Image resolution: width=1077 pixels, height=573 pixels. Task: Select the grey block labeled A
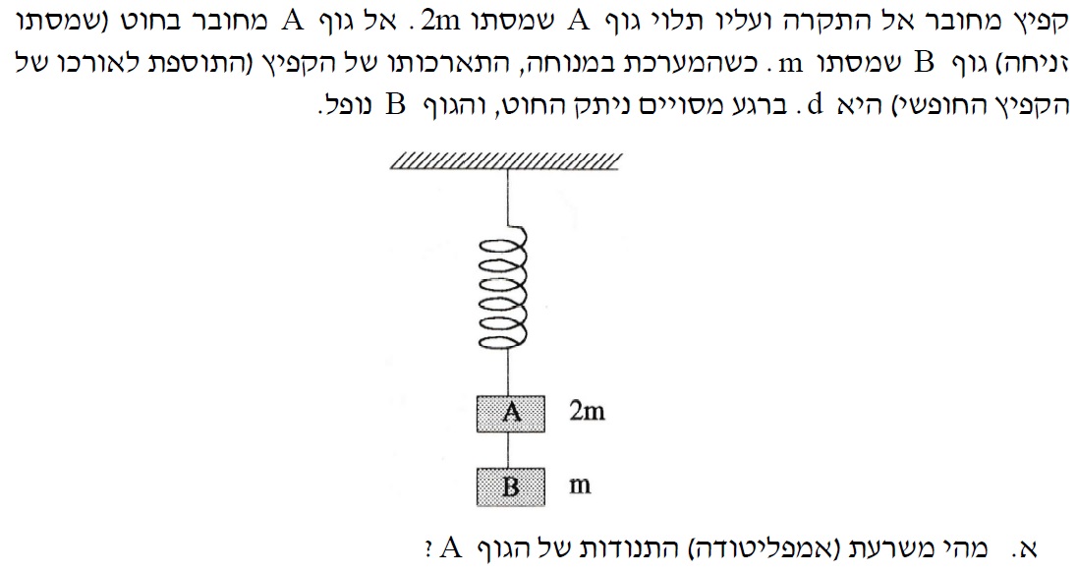coord(510,413)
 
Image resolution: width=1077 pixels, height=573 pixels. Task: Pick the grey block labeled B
coord(510,486)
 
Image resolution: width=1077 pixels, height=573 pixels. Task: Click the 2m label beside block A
coord(587,412)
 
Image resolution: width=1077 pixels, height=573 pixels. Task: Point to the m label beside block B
coord(581,486)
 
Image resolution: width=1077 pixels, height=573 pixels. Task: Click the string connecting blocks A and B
coord(509,449)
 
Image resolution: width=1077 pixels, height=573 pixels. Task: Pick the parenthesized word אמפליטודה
coord(782,546)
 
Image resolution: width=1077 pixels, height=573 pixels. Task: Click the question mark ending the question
coord(429,547)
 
